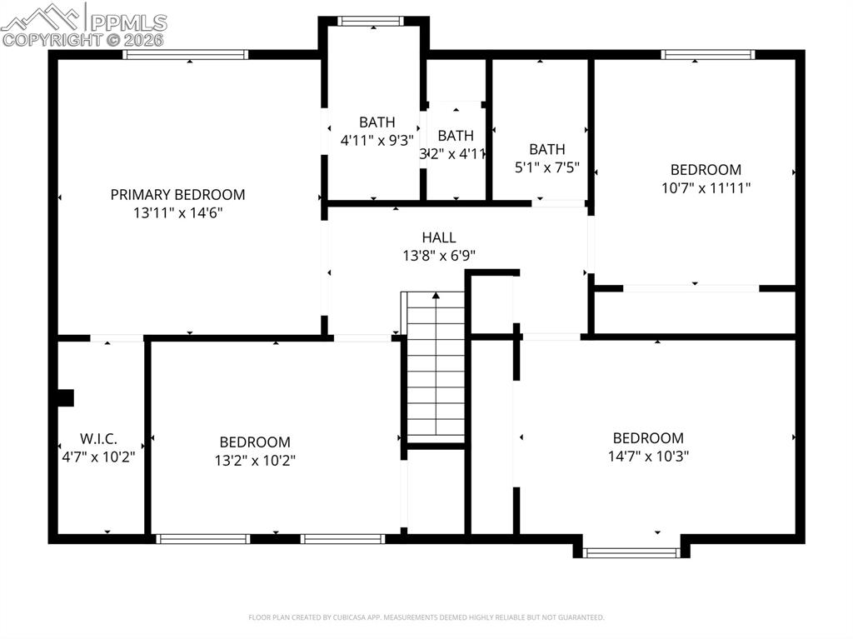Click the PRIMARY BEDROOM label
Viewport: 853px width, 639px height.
pyautogui.click(x=177, y=195)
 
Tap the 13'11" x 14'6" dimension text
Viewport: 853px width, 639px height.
pyautogui.click(x=177, y=212)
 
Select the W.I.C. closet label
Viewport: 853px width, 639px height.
pyautogui.click(x=98, y=438)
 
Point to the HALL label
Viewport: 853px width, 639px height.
pyautogui.click(x=438, y=238)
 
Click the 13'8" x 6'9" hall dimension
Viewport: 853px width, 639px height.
pyautogui.click(x=438, y=256)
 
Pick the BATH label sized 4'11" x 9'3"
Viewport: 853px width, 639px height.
pyautogui.click(x=377, y=122)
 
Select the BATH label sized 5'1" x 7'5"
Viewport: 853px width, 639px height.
pyautogui.click(x=546, y=150)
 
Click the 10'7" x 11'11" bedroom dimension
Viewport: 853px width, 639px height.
pyautogui.click(x=706, y=188)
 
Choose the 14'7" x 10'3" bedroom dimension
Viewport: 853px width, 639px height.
pyautogui.click(x=648, y=456)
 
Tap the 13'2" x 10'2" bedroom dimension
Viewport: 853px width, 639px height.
pyautogui.click(x=255, y=460)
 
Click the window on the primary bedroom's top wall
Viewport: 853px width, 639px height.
pyautogui.click(x=186, y=55)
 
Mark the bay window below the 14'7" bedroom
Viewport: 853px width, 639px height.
pyautogui.click(x=632, y=552)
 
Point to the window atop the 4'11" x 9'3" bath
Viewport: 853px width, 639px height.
pyautogui.click(x=372, y=22)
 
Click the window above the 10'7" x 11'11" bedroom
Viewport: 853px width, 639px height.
pyautogui.click(x=707, y=55)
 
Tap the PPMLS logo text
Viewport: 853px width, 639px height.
pyautogui.click(x=127, y=22)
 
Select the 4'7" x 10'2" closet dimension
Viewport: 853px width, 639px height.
pyautogui.click(x=98, y=457)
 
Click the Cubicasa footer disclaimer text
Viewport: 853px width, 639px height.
pyautogui.click(x=426, y=617)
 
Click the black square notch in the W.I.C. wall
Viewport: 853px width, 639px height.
pyautogui.click(x=65, y=397)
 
